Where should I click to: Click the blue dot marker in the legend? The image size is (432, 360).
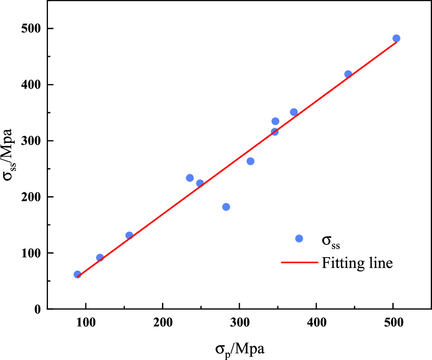[x=299, y=239]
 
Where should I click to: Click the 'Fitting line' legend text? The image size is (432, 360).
[x=357, y=262]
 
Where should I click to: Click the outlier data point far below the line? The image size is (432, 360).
[x=226, y=207]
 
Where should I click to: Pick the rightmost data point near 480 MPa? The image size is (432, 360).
[x=396, y=38]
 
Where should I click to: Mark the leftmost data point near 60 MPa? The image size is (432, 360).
[x=77, y=274]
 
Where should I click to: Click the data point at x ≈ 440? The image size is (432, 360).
[x=348, y=74]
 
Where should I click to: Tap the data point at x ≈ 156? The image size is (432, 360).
[x=129, y=235]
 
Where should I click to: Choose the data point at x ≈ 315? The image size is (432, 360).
[x=250, y=161]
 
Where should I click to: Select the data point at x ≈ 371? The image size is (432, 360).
[x=294, y=112]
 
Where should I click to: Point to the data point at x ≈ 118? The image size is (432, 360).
[x=100, y=257]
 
